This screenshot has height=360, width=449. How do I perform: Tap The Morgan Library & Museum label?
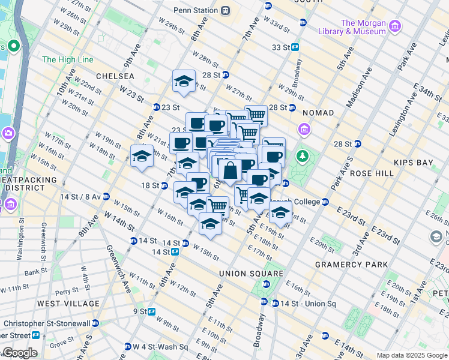tap(363, 28)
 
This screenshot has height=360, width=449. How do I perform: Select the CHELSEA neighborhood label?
tap(115, 76)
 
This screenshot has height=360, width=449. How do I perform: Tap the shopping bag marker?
tap(230, 170)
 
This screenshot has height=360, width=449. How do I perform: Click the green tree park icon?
tap(303, 157)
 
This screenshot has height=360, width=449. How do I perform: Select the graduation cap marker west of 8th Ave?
tap(142, 156)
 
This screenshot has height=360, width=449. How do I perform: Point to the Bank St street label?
tap(35, 271)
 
